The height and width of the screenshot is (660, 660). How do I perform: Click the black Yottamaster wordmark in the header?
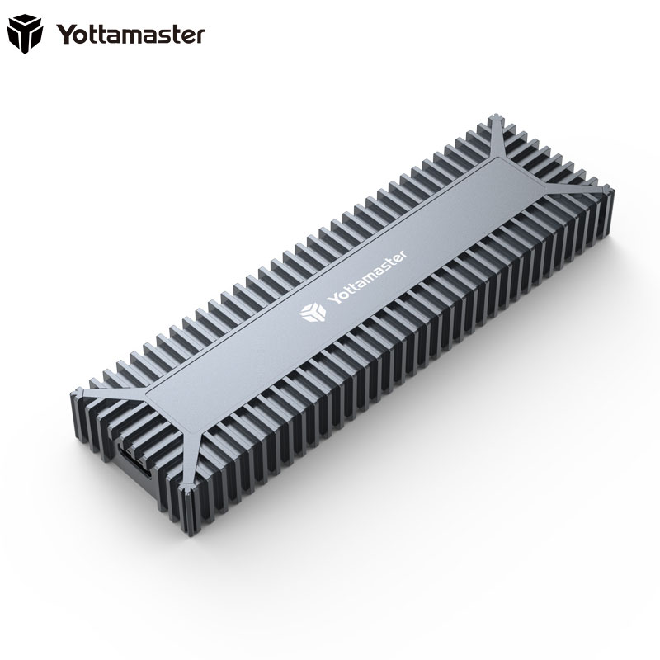pos(130,35)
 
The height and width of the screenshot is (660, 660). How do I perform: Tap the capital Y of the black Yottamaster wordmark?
pos(65,34)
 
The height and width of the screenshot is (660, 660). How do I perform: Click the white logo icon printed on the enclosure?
pos(310,311)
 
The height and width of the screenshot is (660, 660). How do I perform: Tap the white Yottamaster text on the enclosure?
pos(370,277)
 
